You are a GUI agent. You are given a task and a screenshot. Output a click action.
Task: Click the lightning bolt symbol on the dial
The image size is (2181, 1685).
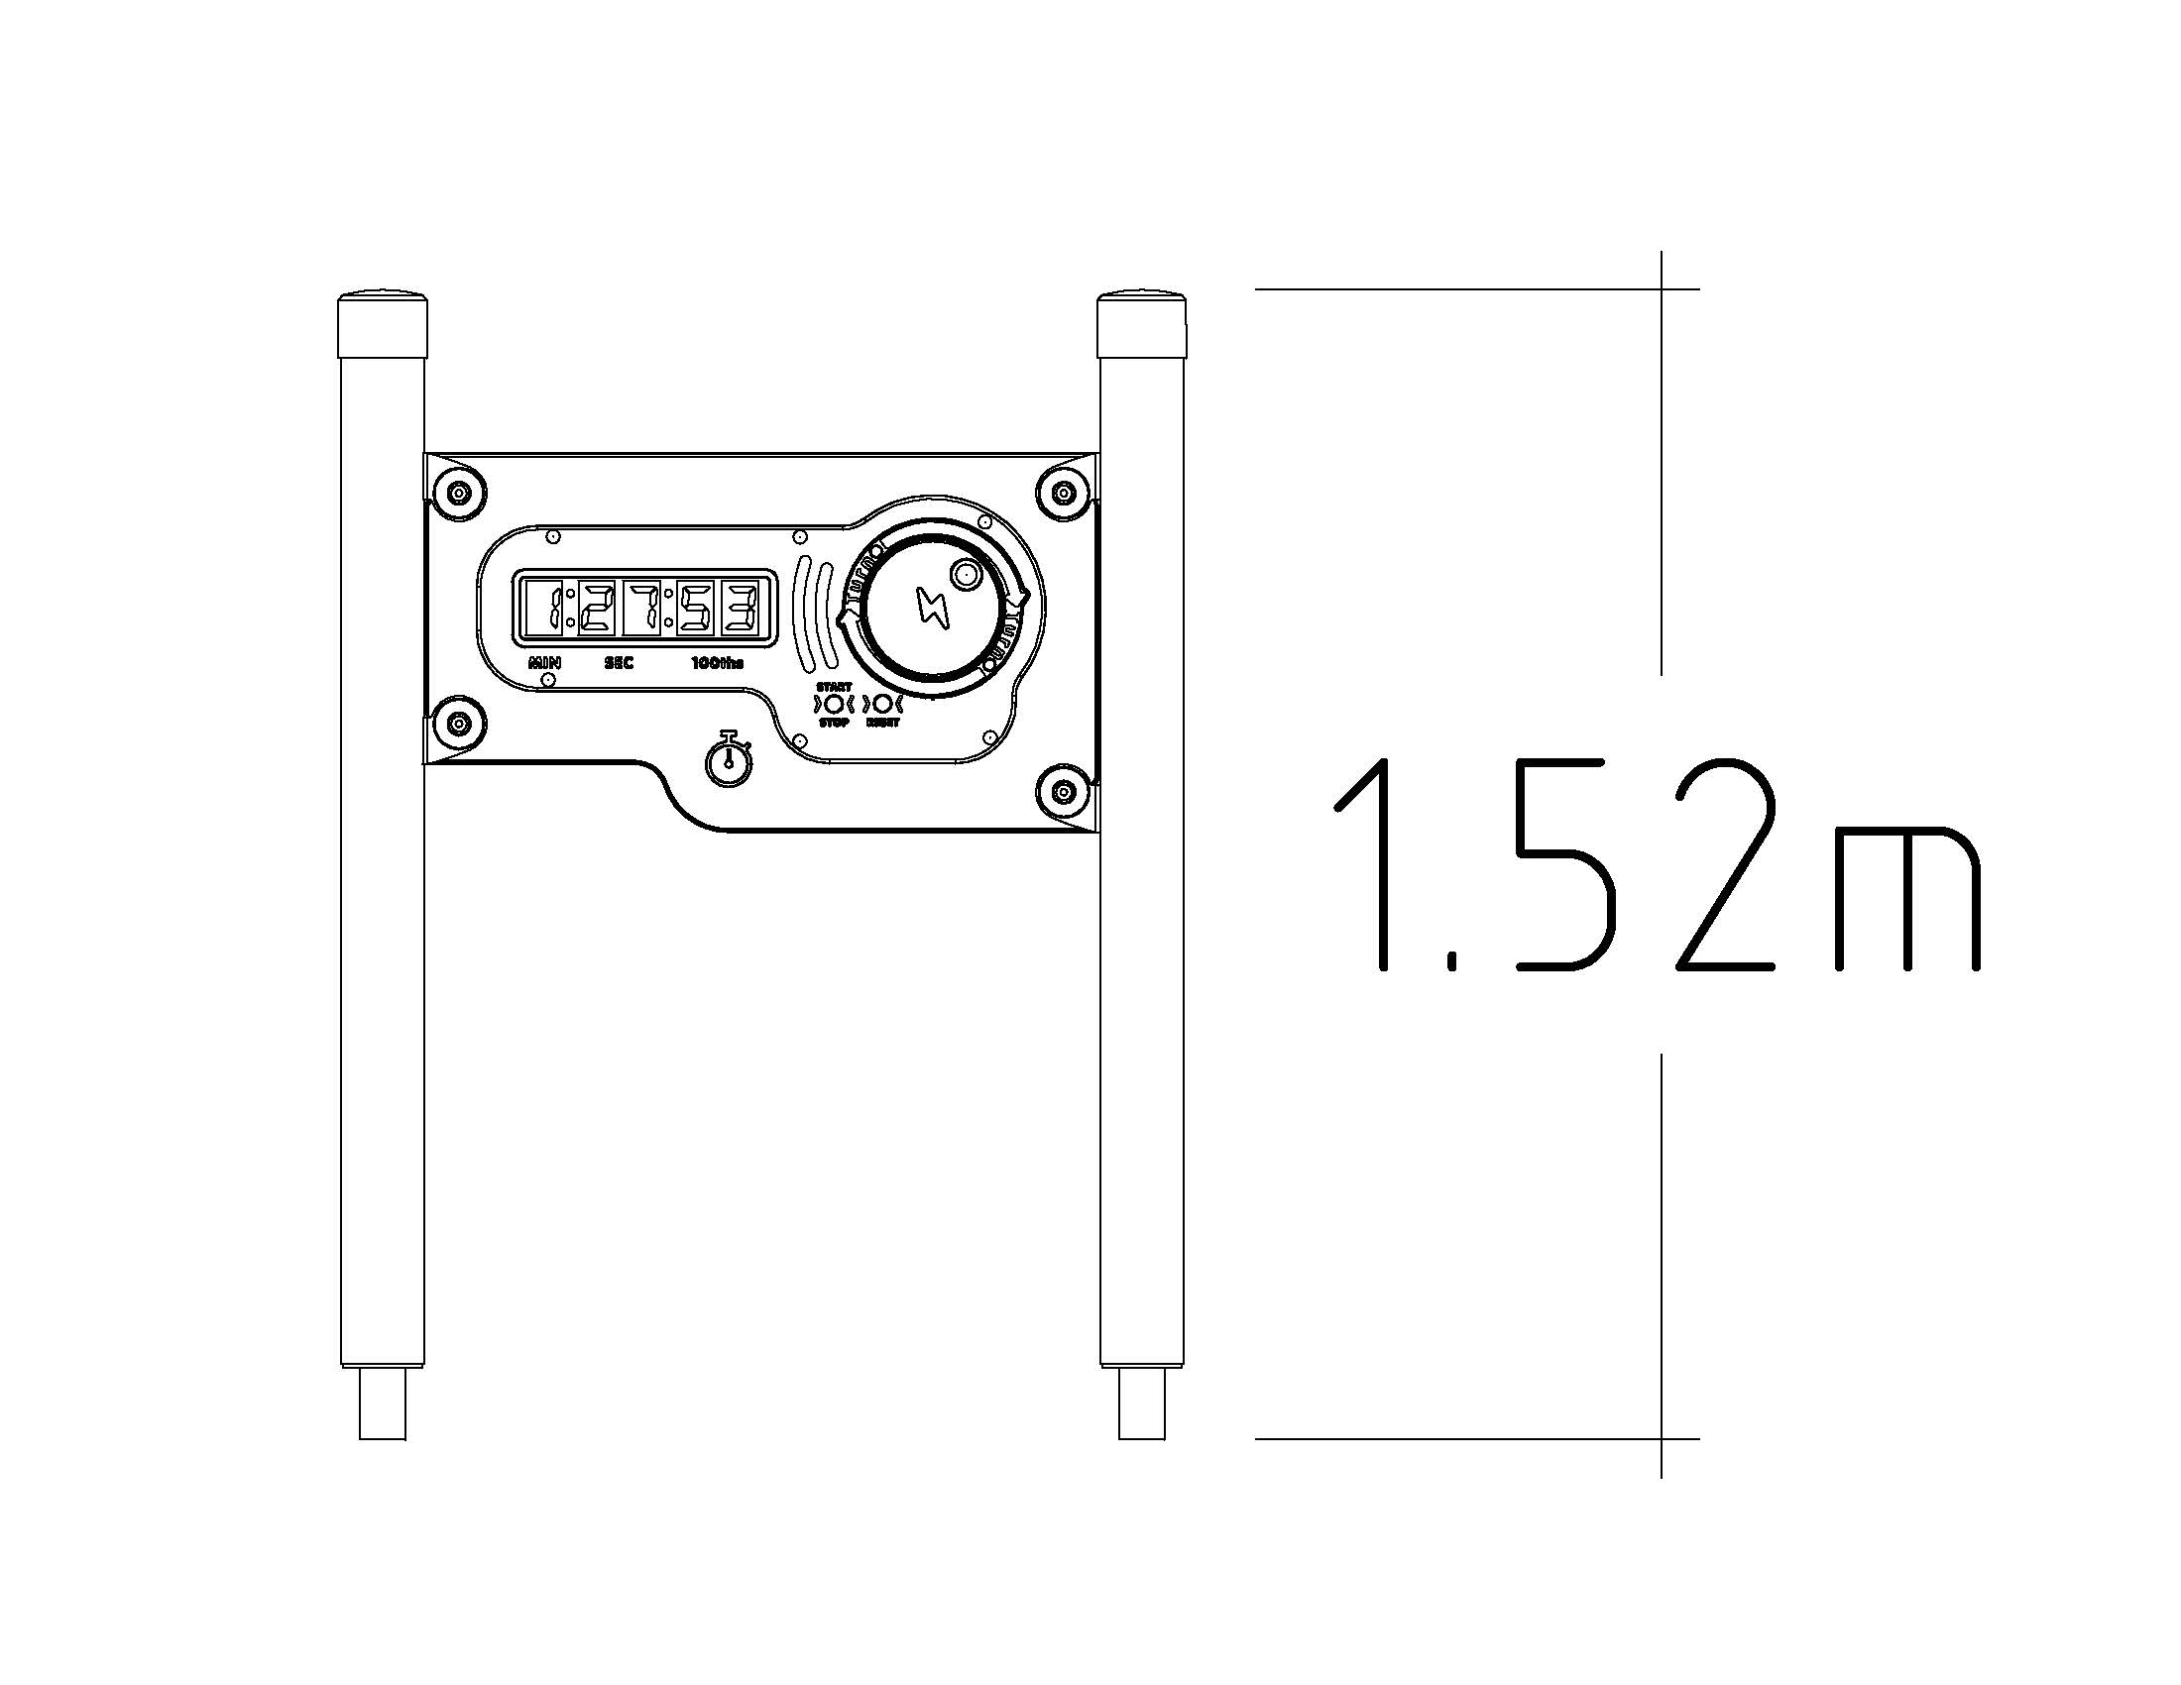(934, 608)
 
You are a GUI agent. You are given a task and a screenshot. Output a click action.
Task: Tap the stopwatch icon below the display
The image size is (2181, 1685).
(729, 759)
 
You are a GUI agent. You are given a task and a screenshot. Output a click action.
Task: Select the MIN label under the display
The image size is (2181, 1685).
(545, 663)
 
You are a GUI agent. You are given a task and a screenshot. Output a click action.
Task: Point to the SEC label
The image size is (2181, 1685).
(620, 663)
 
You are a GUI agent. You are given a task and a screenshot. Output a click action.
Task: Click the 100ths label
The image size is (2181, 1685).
(718, 663)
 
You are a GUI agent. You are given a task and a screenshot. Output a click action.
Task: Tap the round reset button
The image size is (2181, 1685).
(882, 703)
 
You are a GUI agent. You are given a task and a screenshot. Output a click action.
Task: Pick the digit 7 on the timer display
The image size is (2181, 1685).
(642, 608)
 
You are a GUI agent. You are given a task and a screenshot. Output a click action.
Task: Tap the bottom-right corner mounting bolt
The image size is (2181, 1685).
(1066, 793)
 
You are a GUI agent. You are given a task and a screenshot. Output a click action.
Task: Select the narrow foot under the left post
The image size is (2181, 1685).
(383, 1403)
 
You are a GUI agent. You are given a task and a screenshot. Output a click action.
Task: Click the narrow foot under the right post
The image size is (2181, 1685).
(1141, 1403)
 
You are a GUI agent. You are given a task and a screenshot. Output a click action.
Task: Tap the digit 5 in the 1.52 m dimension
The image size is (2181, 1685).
(1563, 866)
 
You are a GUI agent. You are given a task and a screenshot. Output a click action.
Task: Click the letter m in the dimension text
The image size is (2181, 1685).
(1906, 898)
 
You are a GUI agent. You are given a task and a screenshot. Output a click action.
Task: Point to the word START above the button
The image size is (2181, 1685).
(834, 687)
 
